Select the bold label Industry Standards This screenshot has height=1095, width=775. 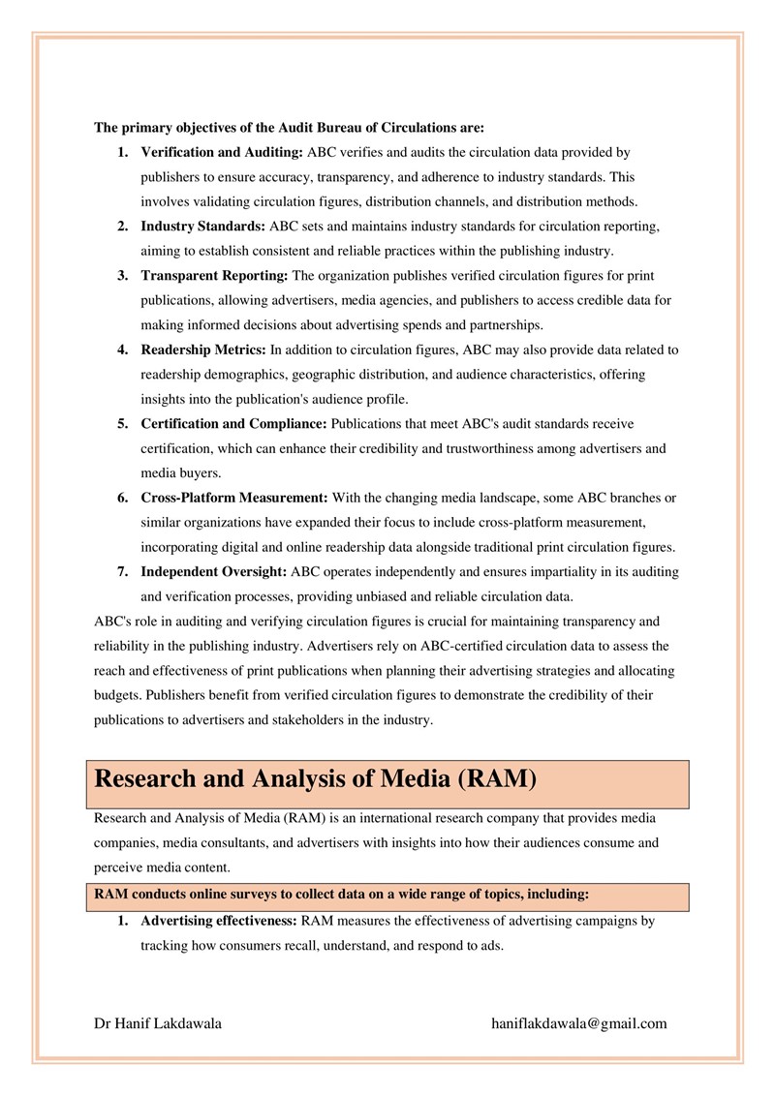pyautogui.click(x=203, y=227)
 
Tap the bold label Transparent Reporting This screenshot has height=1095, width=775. pyautogui.click(x=214, y=276)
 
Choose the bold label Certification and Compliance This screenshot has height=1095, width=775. pyautogui.click(x=234, y=424)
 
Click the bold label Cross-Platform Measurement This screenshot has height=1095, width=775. pyautogui.click(x=234, y=498)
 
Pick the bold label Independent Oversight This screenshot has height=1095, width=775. pyautogui.click(x=213, y=571)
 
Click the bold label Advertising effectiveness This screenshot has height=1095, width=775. pyautogui.click(x=220, y=921)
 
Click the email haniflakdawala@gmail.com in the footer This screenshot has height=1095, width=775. pyautogui.click(x=579, y=1023)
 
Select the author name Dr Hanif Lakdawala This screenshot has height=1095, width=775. pyautogui.click(x=158, y=1023)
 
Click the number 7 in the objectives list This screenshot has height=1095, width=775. pyautogui.click(x=123, y=571)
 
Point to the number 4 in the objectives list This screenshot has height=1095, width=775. pyautogui.click(x=123, y=349)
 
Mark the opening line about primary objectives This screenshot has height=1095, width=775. pyautogui.click(x=289, y=127)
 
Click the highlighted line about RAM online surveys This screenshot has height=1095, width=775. pyautogui.click(x=341, y=895)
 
